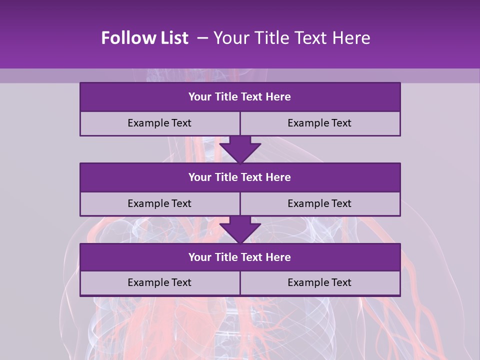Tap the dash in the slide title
(202, 38)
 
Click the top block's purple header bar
(240, 97)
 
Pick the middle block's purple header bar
(240, 177)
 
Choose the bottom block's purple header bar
(240, 257)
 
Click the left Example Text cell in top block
(159, 123)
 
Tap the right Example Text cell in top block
(320, 123)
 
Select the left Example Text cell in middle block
(159, 204)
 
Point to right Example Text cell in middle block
(320, 204)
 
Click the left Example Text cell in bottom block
(159, 283)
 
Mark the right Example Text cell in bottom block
(320, 283)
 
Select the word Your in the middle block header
(199, 177)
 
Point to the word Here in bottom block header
(278, 257)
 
